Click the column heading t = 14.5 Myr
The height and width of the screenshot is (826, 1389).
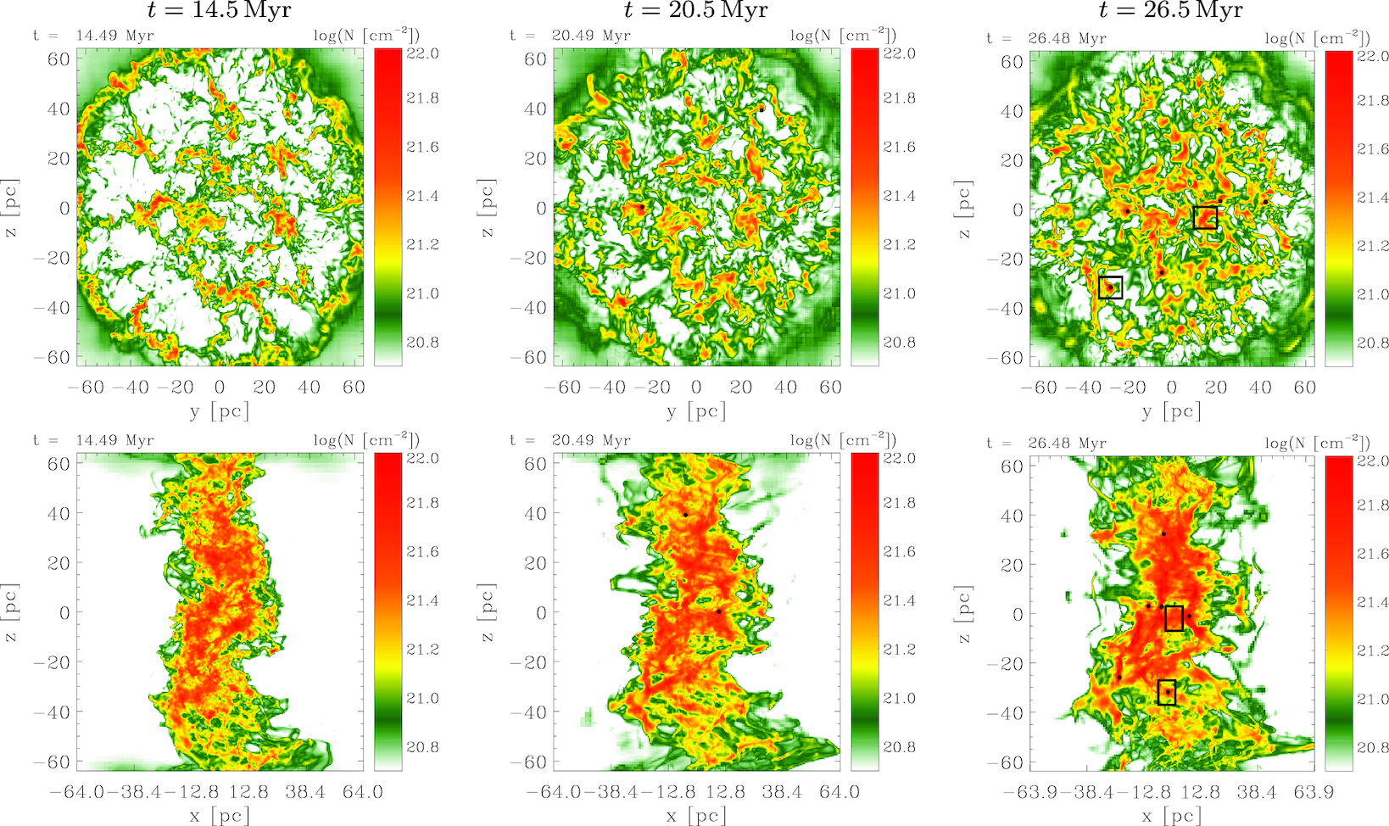(219, 11)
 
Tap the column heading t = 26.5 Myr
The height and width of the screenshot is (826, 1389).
(1171, 11)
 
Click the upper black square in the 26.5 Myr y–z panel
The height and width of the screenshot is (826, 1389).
(1205, 217)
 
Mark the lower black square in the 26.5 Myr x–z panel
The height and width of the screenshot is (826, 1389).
(1167, 692)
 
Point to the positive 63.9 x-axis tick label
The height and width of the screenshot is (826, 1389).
(1314, 792)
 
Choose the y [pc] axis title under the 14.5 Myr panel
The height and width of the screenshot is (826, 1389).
(220, 411)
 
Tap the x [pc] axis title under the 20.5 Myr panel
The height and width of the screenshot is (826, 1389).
(695, 816)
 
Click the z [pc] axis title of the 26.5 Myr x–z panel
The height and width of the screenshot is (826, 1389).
(964, 614)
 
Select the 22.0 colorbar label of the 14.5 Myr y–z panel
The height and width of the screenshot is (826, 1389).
(422, 53)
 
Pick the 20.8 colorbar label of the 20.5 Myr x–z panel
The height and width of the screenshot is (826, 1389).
(899, 747)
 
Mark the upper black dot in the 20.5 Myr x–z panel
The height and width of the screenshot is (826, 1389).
(685, 515)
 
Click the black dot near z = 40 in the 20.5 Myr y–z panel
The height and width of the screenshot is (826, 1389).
(761, 109)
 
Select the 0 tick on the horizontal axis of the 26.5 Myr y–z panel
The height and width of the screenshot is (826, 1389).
(1171, 388)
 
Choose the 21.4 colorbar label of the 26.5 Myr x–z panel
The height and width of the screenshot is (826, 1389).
(1374, 602)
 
